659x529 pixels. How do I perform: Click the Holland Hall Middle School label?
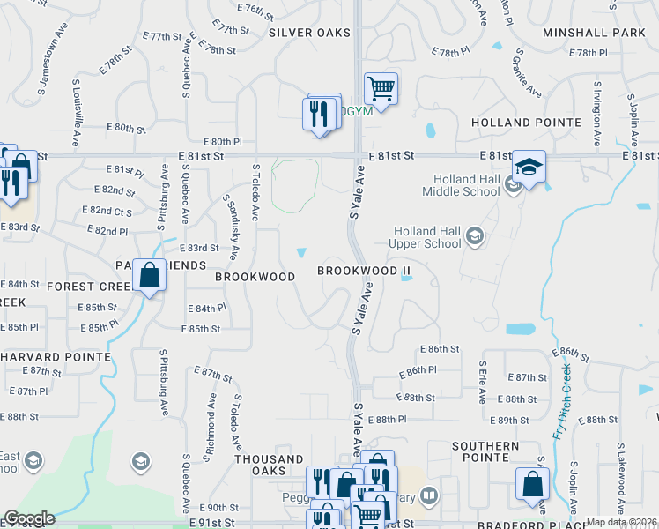pos(455,184)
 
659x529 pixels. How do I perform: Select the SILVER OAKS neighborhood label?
pos(309,33)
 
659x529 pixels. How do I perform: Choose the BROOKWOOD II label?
pos(364,271)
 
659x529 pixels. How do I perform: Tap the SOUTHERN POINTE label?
pos(485,446)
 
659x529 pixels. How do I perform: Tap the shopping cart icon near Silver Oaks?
pos(381,88)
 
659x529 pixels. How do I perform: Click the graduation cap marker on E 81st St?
pos(529,168)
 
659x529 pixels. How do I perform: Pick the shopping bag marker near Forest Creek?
pos(150,276)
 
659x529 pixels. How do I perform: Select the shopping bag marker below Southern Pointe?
pos(532,484)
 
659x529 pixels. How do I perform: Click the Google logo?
pos(29,518)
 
